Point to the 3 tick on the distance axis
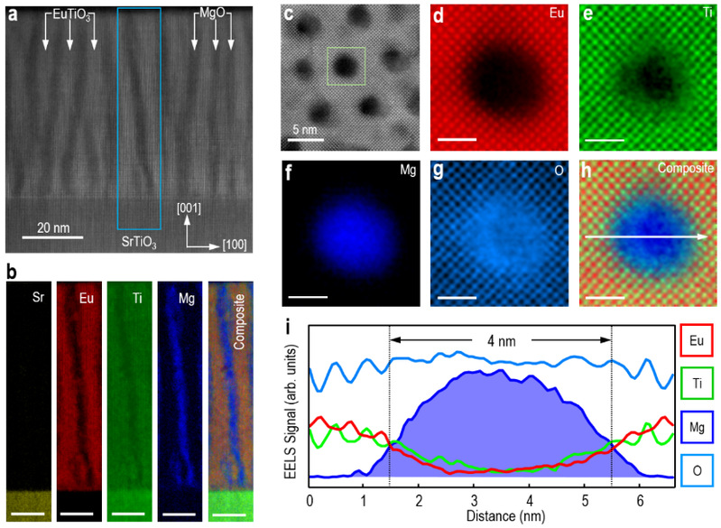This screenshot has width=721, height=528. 474,498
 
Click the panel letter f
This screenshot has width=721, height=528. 290,168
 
